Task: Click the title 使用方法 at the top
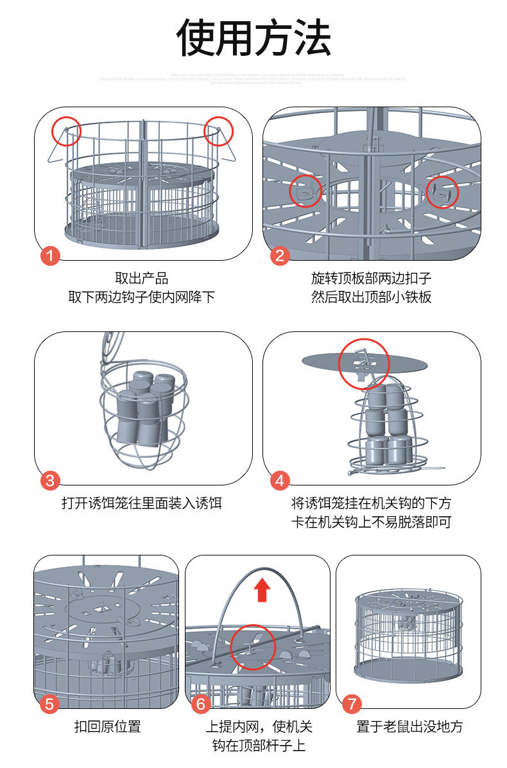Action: (x=253, y=37)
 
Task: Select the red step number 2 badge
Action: (x=279, y=256)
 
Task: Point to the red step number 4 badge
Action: (x=279, y=480)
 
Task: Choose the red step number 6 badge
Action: (x=201, y=704)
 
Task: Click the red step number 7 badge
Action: (x=352, y=704)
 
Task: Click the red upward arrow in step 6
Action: (x=261, y=589)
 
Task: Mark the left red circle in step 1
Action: (x=66, y=131)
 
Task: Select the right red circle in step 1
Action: (x=219, y=131)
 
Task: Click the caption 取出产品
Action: (x=142, y=279)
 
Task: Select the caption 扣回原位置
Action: (x=107, y=727)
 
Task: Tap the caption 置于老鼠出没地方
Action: (x=409, y=727)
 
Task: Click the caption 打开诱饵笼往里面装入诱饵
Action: (x=142, y=503)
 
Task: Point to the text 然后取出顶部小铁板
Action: (x=371, y=297)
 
